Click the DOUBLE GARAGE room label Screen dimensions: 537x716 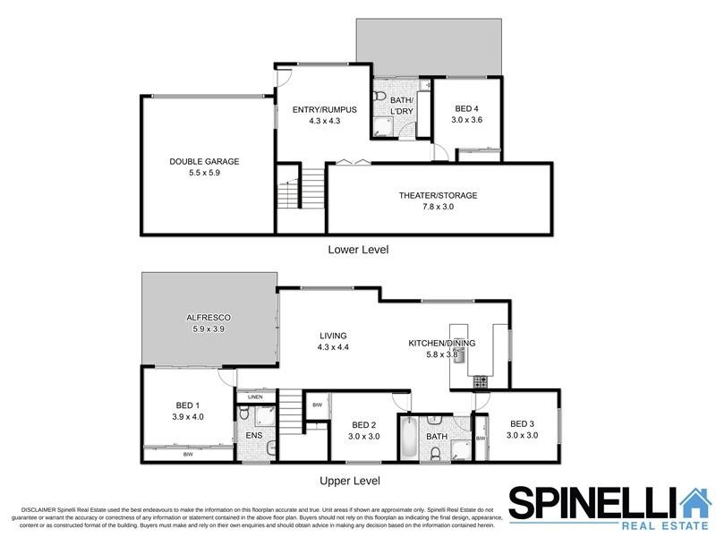[x=205, y=162]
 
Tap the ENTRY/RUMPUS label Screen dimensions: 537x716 [x=324, y=110]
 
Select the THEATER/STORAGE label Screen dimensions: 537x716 [x=438, y=195]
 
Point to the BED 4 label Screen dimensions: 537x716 [x=466, y=108]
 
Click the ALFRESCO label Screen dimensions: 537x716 [x=209, y=318]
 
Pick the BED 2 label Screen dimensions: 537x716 [x=362, y=425]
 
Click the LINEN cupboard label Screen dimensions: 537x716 [x=254, y=396]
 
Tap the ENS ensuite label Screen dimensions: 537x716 [x=252, y=437]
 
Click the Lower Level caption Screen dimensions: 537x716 [x=358, y=249]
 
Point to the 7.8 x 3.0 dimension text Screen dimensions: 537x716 [x=438, y=207]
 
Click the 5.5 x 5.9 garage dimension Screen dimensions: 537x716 [x=205, y=174]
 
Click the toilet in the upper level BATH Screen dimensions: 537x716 [x=435, y=454]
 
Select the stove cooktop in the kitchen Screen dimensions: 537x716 [x=481, y=381]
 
